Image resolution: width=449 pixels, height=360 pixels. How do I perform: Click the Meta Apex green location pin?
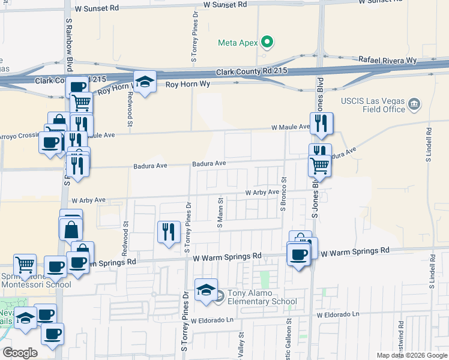pos(268,42)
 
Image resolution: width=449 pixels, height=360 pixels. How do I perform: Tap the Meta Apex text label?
pos(237,42)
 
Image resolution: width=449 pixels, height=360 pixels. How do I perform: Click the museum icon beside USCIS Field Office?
pos(414,105)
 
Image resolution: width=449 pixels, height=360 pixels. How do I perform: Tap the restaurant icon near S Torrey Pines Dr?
pos(169,231)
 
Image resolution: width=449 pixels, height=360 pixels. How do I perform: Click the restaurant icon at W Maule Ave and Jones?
pos(321,124)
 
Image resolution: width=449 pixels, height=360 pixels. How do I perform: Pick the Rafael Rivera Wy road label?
pos(387,60)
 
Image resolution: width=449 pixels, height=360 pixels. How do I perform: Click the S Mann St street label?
pos(220,213)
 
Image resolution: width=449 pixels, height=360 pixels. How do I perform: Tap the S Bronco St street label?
pos(283,194)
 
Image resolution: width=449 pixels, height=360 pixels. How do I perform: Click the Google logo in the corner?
pos(20,353)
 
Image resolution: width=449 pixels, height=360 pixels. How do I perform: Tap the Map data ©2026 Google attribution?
pos(411,355)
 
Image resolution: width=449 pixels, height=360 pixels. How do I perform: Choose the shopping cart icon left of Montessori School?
pos(25,264)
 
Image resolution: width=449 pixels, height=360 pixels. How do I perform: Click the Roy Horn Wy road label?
pos(188,85)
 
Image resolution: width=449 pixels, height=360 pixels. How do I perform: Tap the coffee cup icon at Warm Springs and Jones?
pos(298,254)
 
